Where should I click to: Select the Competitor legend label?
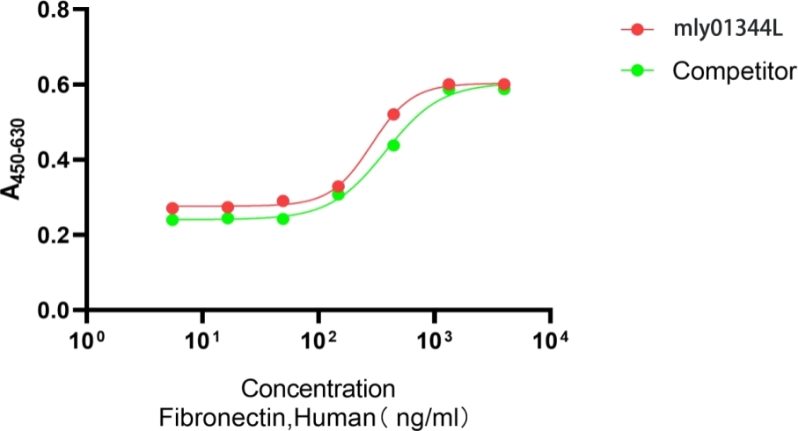coord(734,71)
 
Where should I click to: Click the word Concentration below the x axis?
coord(318,389)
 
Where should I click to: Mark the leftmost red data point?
coord(172,208)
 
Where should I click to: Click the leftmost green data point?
coord(172,220)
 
